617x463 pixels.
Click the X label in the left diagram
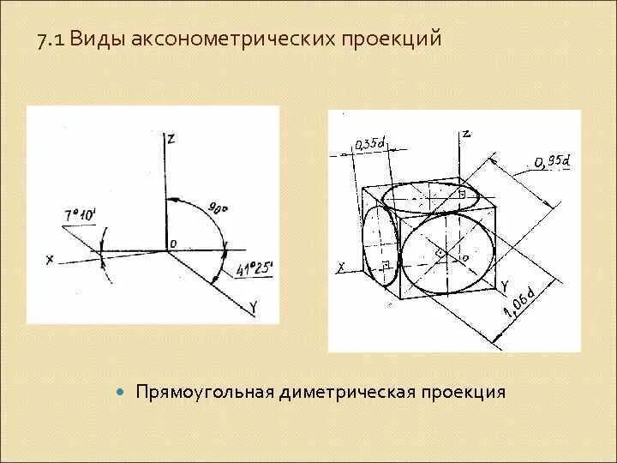pos(50,259)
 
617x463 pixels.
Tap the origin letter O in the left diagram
pos(172,244)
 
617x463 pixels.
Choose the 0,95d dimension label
pos(550,161)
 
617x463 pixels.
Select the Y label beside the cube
pos(505,285)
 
